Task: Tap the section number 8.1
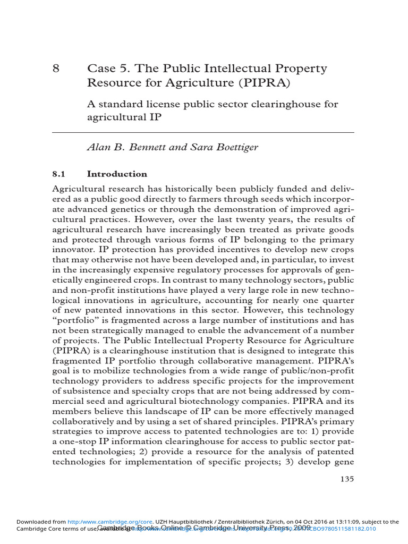coord(58,174)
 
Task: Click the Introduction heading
coord(117,174)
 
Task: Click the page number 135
coord(347,479)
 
